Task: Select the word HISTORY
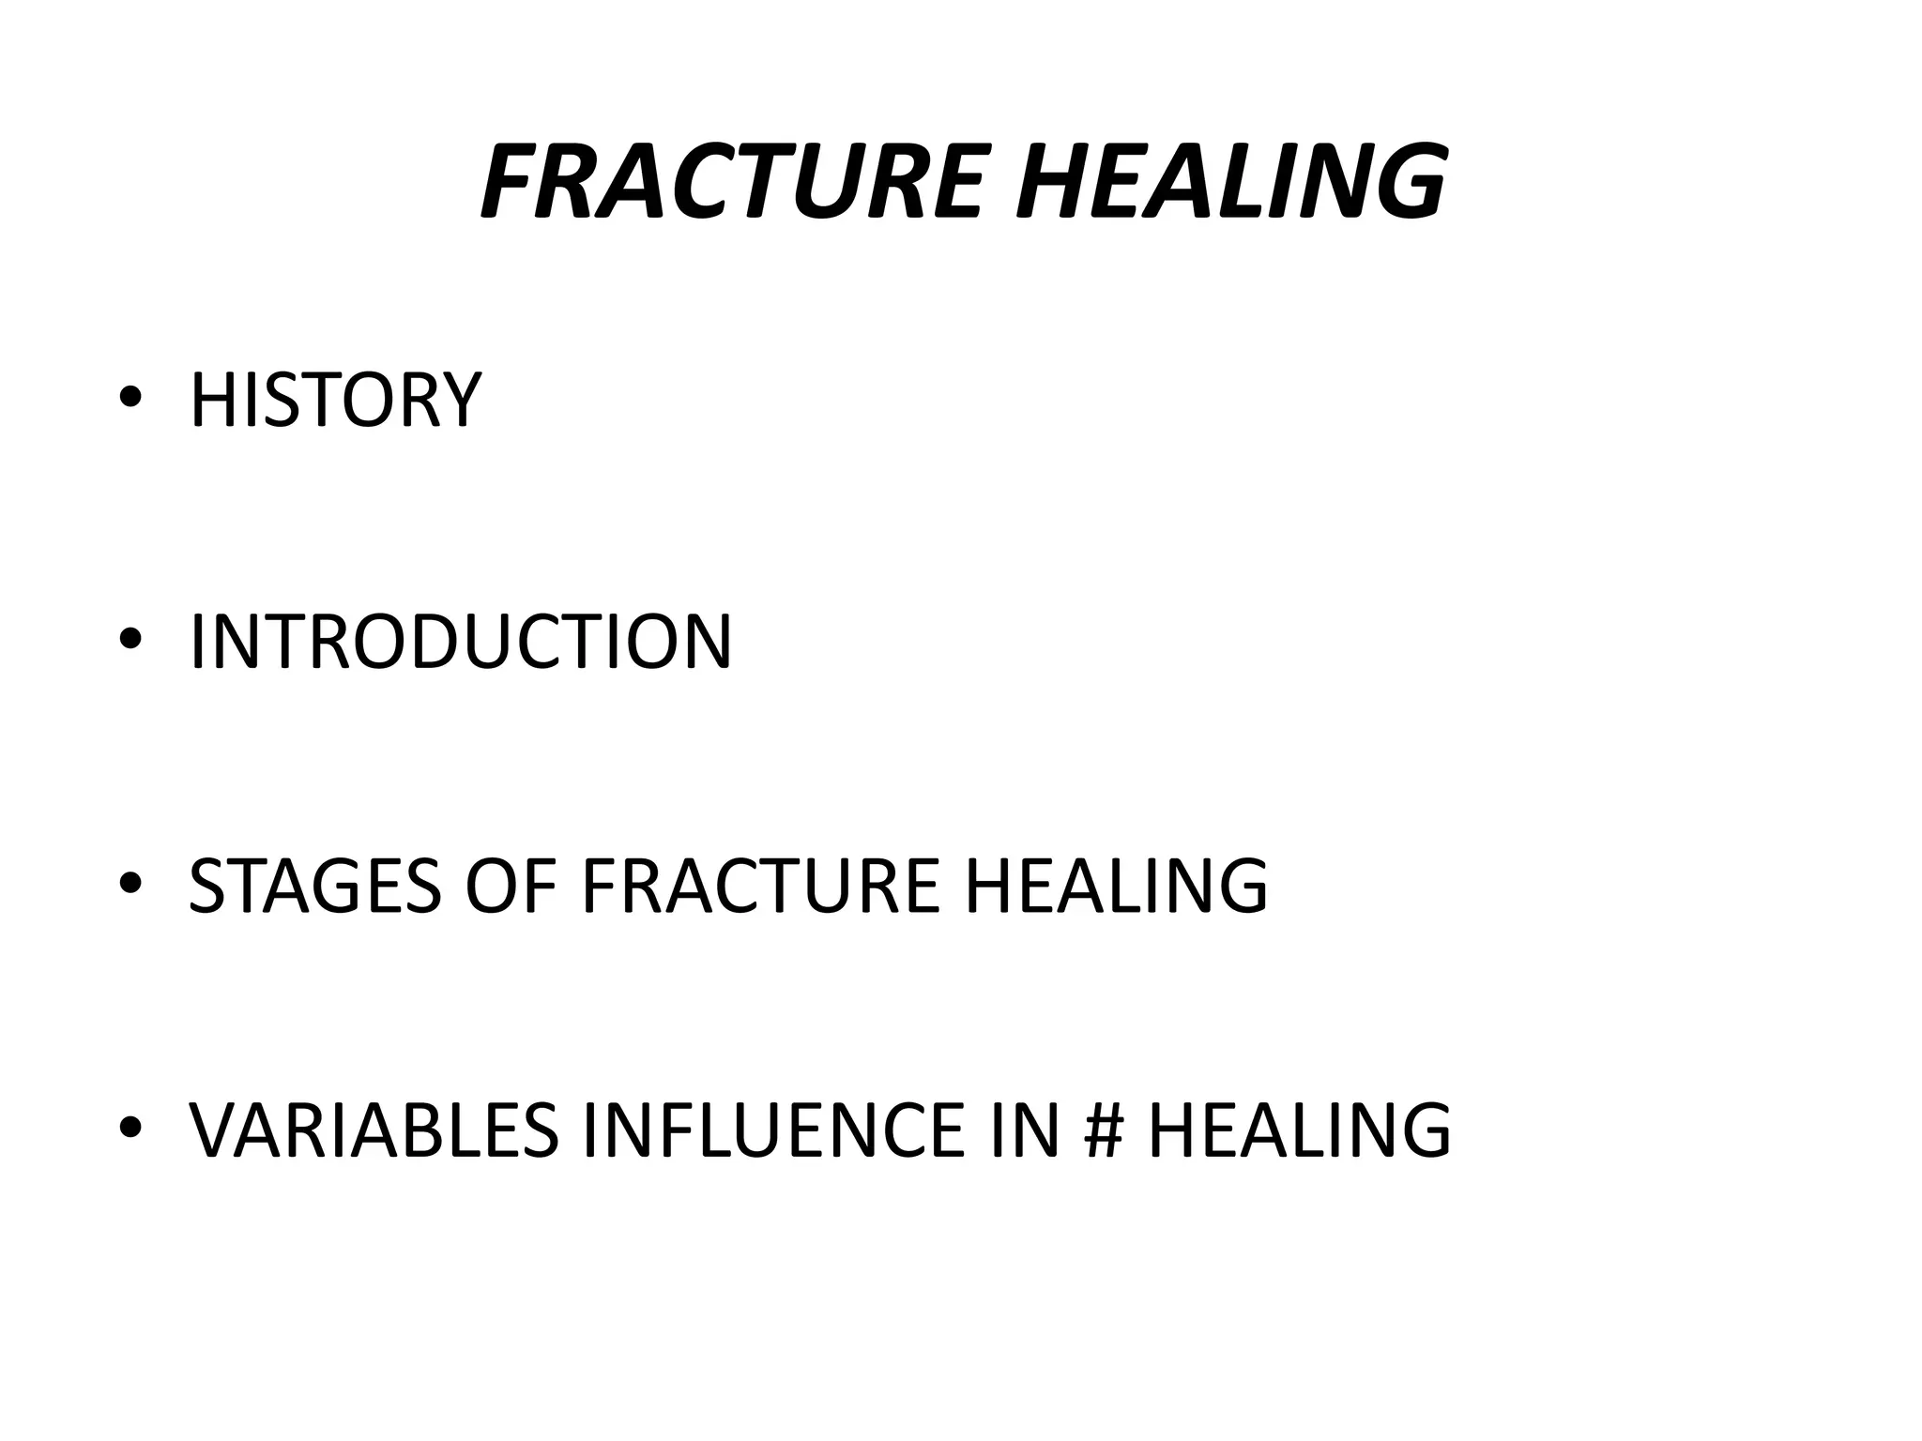335,401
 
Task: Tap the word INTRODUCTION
460,643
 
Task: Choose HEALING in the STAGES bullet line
1116,886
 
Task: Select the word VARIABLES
374,1130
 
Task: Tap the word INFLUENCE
772,1130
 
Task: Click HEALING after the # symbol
1300,1130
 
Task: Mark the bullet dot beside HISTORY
130,399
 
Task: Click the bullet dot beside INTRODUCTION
130,641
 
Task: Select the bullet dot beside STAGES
130,884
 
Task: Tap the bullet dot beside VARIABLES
130,1127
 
